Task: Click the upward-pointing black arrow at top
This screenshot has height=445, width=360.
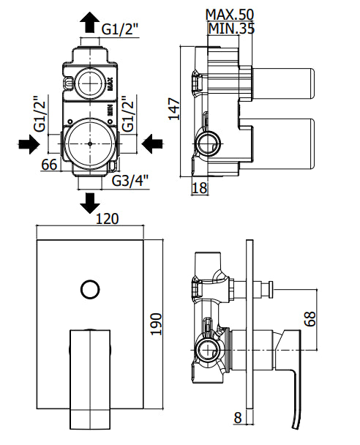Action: [x=90, y=23]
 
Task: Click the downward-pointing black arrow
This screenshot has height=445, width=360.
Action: [x=90, y=203]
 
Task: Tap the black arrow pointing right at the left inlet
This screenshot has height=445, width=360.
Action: [x=29, y=144]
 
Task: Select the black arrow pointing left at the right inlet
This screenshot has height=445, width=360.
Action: [x=152, y=144]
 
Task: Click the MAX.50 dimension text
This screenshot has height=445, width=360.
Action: [x=230, y=15]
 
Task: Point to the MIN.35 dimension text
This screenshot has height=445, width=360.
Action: [x=231, y=29]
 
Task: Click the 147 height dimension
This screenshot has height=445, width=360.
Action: [x=174, y=109]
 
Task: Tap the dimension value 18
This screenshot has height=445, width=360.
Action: [x=200, y=188]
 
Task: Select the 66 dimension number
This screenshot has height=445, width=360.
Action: [x=49, y=165]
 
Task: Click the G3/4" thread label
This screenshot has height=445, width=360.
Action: [x=130, y=181]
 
